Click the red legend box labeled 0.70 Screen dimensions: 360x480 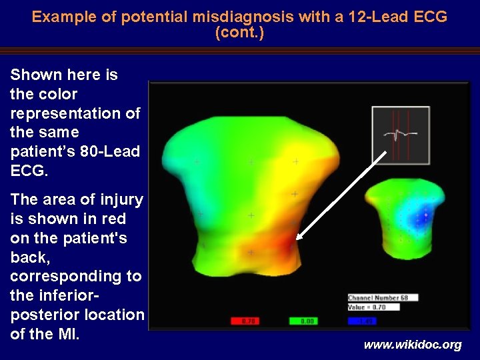pyautogui.click(x=245, y=321)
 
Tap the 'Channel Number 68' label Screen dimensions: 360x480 pyautogui.click(x=377, y=297)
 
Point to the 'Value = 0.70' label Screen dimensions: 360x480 pyautogui.click(x=367, y=307)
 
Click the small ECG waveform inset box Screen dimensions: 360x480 pyautogui.click(x=400, y=135)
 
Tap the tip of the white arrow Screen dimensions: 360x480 pyautogui.click(x=297, y=238)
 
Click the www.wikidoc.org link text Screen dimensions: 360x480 pyautogui.click(x=412, y=345)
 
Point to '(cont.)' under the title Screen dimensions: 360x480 pyautogui.click(x=240, y=33)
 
